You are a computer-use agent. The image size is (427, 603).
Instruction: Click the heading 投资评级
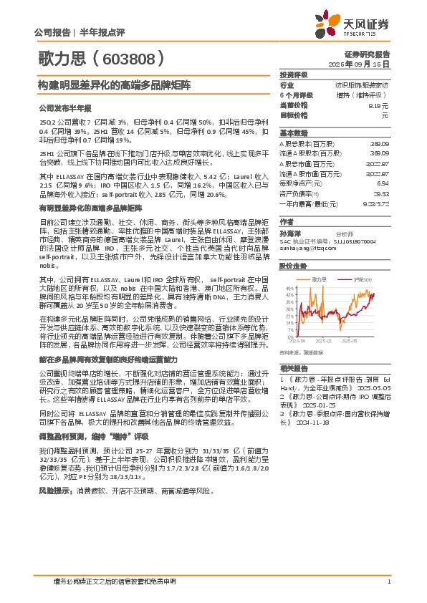(293, 74)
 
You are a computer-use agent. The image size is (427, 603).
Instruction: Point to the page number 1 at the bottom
(388, 581)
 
